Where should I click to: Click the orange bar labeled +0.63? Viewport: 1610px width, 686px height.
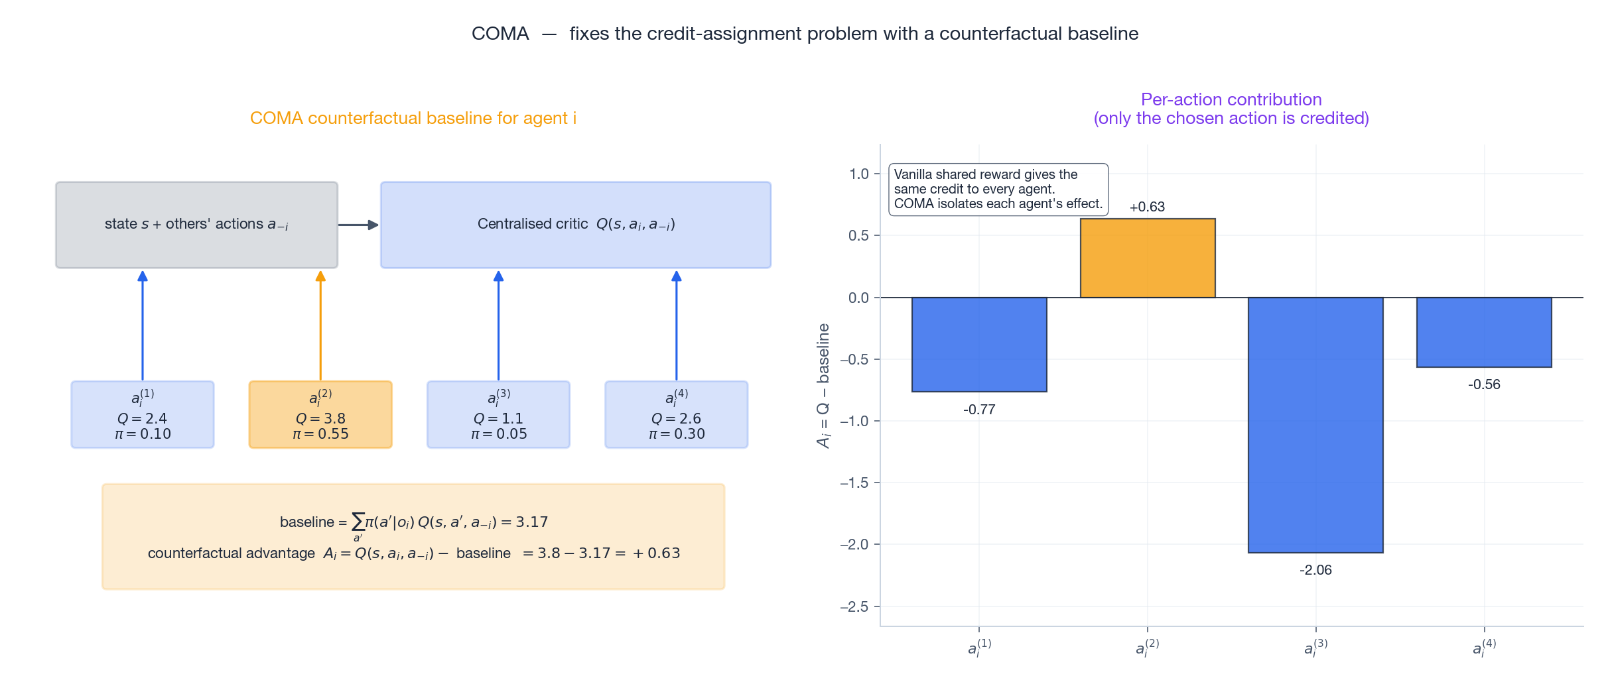click(x=1147, y=258)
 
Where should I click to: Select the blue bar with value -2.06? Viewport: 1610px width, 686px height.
click(x=1315, y=424)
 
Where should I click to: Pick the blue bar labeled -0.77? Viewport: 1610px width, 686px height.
click(x=978, y=344)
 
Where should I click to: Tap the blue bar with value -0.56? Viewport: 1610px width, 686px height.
click(x=1483, y=332)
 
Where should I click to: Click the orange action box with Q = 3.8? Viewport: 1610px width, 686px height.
click(x=320, y=414)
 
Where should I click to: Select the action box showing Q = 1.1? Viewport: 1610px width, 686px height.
click(x=498, y=414)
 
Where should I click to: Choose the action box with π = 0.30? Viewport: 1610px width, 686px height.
click(x=676, y=414)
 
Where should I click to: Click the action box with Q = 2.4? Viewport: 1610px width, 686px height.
click(x=143, y=414)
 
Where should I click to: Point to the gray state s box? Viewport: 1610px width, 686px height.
click(x=196, y=225)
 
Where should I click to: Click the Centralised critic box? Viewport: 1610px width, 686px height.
click(x=575, y=225)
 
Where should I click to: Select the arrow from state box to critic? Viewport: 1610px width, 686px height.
click(x=358, y=225)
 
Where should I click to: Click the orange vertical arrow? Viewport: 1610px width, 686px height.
click(x=320, y=325)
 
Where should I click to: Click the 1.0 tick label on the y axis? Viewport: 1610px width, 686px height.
click(x=858, y=174)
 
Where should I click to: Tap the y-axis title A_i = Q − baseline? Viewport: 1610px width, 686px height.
click(x=823, y=386)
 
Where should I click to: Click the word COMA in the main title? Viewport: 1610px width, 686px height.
click(x=500, y=34)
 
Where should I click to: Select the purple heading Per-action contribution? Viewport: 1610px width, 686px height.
click(x=1231, y=99)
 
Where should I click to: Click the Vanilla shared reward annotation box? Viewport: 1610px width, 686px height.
click(x=998, y=189)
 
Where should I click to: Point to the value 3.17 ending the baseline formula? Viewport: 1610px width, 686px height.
click(x=531, y=522)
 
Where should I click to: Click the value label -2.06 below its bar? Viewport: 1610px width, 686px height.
click(x=1315, y=570)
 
